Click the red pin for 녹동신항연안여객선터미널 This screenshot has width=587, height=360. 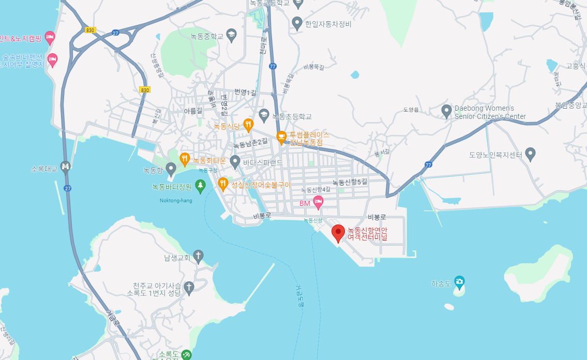[x=338, y=233]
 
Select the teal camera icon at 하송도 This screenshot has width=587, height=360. [x=459, y=282]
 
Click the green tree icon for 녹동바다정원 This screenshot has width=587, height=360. [x=200, y=185]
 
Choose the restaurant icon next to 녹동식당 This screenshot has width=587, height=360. [x=248, y=124]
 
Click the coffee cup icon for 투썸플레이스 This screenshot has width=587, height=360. [x=281, y=137]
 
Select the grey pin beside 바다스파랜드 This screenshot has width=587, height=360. [x=235, y=161]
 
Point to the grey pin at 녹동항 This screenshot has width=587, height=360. [x=171, y=168]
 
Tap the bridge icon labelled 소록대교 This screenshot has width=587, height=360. [x=66, y=166]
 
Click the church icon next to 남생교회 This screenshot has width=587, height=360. [x=198, y=256]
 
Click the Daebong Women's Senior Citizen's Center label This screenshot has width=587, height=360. [x=490, y=112]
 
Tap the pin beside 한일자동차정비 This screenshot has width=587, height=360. [x=297, y=23]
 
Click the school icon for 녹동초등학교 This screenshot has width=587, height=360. [x=264, y=114]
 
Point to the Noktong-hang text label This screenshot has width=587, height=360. [x=176, y=201]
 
